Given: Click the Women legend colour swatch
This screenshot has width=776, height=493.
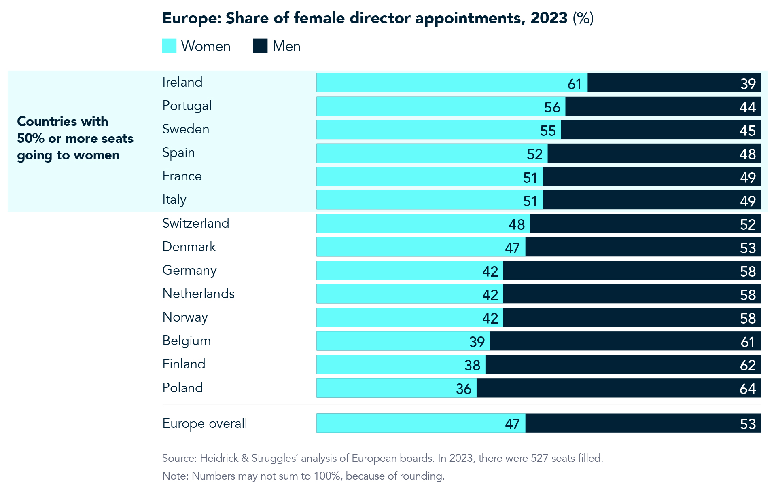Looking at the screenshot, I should click(169, 46).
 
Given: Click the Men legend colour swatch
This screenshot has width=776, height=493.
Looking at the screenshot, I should click(260, 46).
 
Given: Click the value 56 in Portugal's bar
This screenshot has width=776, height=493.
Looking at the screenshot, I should click(552, 107).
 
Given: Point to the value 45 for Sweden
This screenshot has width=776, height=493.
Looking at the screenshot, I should click(747, 131).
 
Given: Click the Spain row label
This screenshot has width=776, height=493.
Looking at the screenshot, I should click(178, 153).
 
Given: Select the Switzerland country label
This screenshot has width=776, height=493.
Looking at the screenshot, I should click(195, 223).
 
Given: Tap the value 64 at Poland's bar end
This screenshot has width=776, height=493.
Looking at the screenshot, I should click(747, 389).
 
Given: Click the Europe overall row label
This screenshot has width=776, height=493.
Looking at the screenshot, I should click(204, 423).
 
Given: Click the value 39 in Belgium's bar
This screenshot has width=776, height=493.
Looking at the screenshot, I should click(477, 342).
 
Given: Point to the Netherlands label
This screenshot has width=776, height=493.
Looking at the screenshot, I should click(198, 294).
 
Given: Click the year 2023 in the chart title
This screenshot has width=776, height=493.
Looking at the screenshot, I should click(549, 18).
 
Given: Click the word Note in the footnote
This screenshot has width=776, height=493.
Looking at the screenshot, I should click(174, 476).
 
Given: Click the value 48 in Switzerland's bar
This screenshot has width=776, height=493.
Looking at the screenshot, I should click(516, 225).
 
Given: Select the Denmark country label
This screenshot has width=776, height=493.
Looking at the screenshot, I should click(189, 247).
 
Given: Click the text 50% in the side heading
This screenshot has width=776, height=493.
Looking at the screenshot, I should click(31, 138).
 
